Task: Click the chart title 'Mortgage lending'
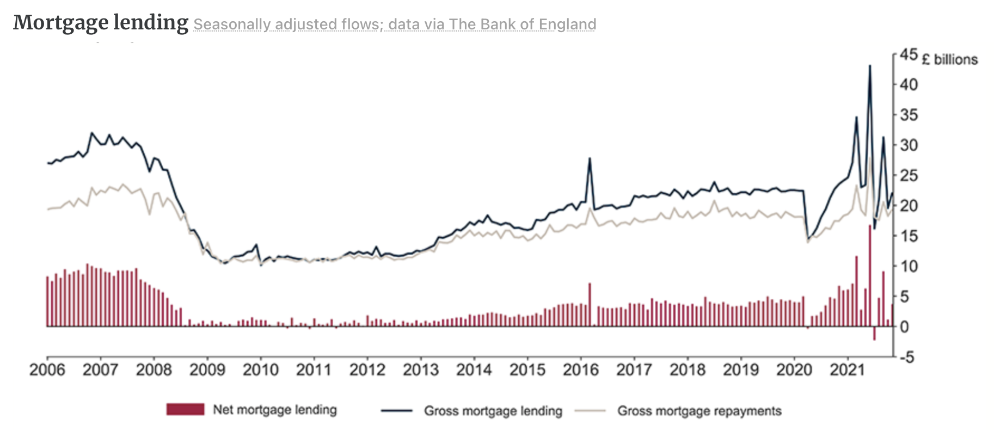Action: pyautogui.click(x=101, y=23)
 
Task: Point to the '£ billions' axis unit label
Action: pyautogui.click(x=949, y=59)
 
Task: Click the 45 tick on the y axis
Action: pyautogui.click(x=909, y=54)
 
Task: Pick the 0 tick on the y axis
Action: pyautogui.click(x=904, y=327)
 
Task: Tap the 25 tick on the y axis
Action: pyautogui.click(x=909, y=175)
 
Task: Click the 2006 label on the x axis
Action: pyautogui.click(x=47, y=370)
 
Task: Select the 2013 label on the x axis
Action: pyautogui.click(x=421, y=370)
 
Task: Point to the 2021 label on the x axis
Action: pyautogui.click(x=848, y=370)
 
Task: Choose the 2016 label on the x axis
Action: pyautogui.click(x=581, y=370)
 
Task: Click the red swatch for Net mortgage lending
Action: pyautogui.click(x=185, y=409)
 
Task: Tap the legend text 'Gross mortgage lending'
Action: pyautogui.click(x=493, y=411)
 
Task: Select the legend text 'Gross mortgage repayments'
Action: pyautogui.click(x=699, y=411)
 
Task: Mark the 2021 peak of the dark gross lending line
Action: pyautogui.click(x=869, y=66)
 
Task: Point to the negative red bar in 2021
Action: pyautogui.click(x=874, y=333)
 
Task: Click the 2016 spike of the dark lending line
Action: pyautogui.click(x=590, y=159)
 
